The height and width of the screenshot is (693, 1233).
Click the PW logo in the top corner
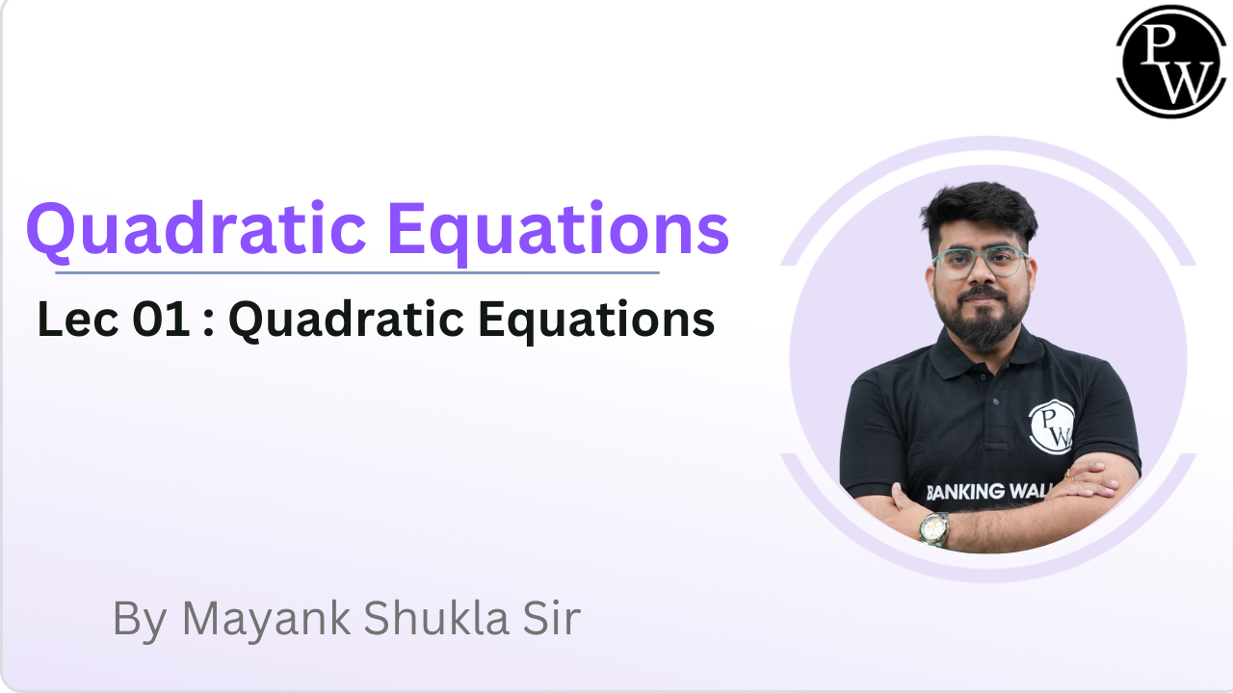pyautogui.click(x=1171, y=60)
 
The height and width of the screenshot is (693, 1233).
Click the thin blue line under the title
pyautogui.click(x=356, y=272)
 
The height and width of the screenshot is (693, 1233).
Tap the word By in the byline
pyautogui.click(x=139, y=619)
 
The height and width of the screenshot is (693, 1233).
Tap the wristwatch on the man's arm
pyautogui.click(x=932, y=527)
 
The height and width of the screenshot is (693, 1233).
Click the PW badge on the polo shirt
pyautogui.click(x=1051, y=424)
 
